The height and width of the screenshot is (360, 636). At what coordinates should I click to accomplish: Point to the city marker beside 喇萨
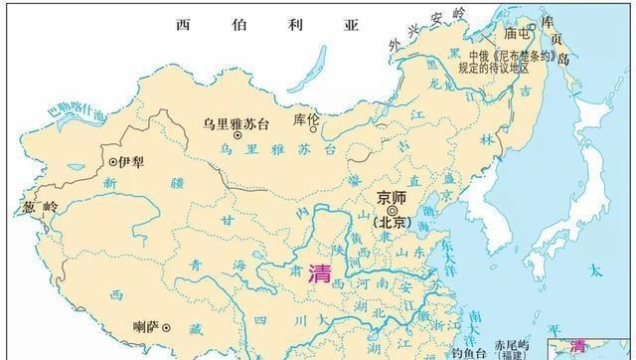(x=167, y=327)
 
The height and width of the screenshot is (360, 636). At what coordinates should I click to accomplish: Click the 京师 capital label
(x=395, y=196)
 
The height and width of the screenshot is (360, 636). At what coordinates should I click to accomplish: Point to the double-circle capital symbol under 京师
(x=395, y=210)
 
